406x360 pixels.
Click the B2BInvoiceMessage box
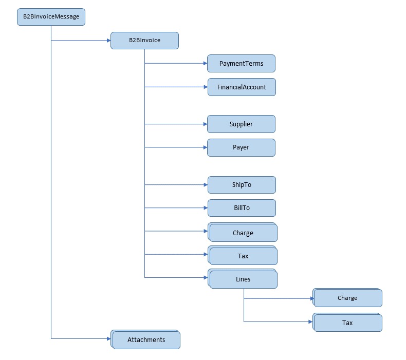point(51,17)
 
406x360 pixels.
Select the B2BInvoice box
point(144,41)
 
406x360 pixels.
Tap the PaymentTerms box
point(241,64)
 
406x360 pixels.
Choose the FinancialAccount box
point(242,87)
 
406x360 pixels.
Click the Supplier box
point(241,124)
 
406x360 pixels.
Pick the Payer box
point(241,147)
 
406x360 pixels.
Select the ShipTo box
point(242,185)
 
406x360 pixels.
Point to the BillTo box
point(242,208)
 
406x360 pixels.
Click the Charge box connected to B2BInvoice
point(243,233)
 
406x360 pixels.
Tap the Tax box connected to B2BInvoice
point(243,256)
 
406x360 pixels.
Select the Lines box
point(243,279)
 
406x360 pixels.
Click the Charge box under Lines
point(347,298)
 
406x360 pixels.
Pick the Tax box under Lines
point(347,323)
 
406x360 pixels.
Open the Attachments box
point(146,340)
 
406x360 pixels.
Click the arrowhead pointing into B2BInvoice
point(108,40)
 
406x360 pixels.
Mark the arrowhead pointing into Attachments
point(108,338)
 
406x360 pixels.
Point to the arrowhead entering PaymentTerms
point(205,64)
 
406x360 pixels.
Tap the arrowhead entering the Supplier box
point(205,124)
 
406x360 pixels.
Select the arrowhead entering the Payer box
point(205,147)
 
